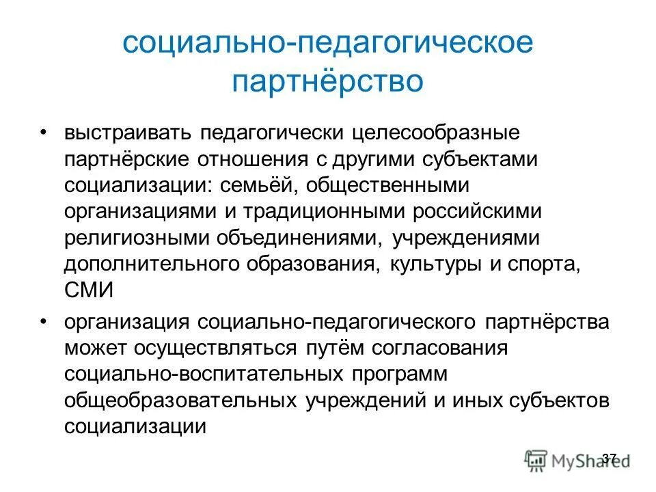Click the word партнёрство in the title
327,81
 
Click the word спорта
547,265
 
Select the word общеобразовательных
182,400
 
